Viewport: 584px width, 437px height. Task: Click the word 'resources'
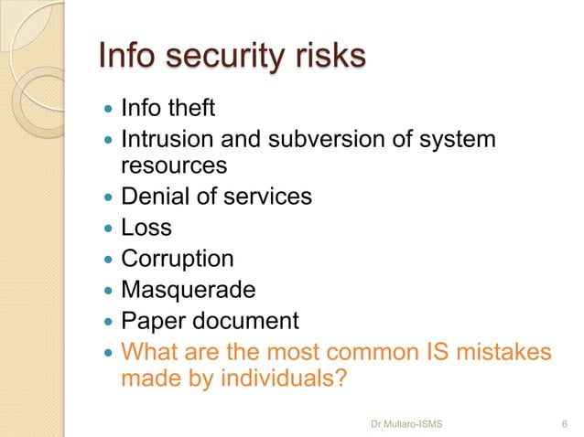click(x=174, y=166)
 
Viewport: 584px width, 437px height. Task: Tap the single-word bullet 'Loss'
click(x=146, y=228)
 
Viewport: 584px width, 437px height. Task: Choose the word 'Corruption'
click(x=178, y=260)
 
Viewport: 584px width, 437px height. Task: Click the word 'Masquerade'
click(x=189, y=291)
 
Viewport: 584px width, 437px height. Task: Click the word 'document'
click(x=248, y=322)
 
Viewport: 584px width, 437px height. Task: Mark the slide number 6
click(x=562, y=422)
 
